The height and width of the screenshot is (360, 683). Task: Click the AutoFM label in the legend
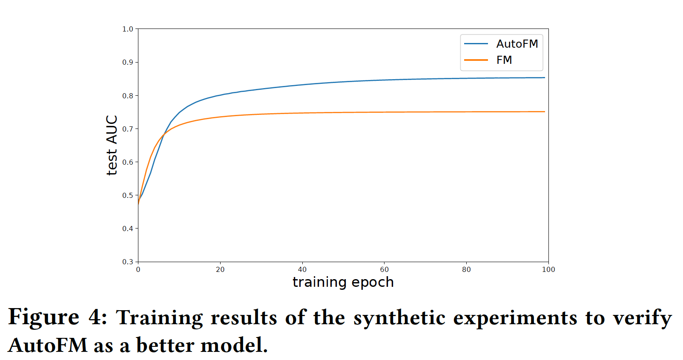pyautogui.click(x=517, y=44)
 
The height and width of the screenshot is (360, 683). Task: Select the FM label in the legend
pyautogui.click(x=504, y=60)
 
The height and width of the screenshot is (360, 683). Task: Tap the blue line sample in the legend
pyautogui.click(x=476, y=44)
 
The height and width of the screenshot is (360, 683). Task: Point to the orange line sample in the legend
pyautogui.click(x=476, y=60)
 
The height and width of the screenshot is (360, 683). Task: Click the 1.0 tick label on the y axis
pyautogui.click(x=127, y=29)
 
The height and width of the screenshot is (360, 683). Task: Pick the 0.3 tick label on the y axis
pyautogui.click(x=127, y=262)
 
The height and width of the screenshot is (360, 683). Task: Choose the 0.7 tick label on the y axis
pyautogui.click(x=127, y=129)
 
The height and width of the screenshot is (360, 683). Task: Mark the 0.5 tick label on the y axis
pyautogui.click(x=127, y=195)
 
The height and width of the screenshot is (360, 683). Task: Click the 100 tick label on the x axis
pyautogui.click(x=548, y=269)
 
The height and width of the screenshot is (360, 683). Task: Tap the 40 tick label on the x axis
pyautogui.click(x=302, y=269)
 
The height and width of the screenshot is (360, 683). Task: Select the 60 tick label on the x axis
pyautogui.click(x=384, y=269)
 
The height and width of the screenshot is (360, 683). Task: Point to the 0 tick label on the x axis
pyautogui.click(x=138, y=269)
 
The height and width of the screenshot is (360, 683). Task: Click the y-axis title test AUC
pyautogui.click(x=112, y=145)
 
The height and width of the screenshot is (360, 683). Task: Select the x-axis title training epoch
pyautogui.click(x=343, y=282)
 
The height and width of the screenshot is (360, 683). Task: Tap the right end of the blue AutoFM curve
pyautogui.click(x=545, y=78)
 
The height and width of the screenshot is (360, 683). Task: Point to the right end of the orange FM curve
pyautogui.click(x=545, y=111)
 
